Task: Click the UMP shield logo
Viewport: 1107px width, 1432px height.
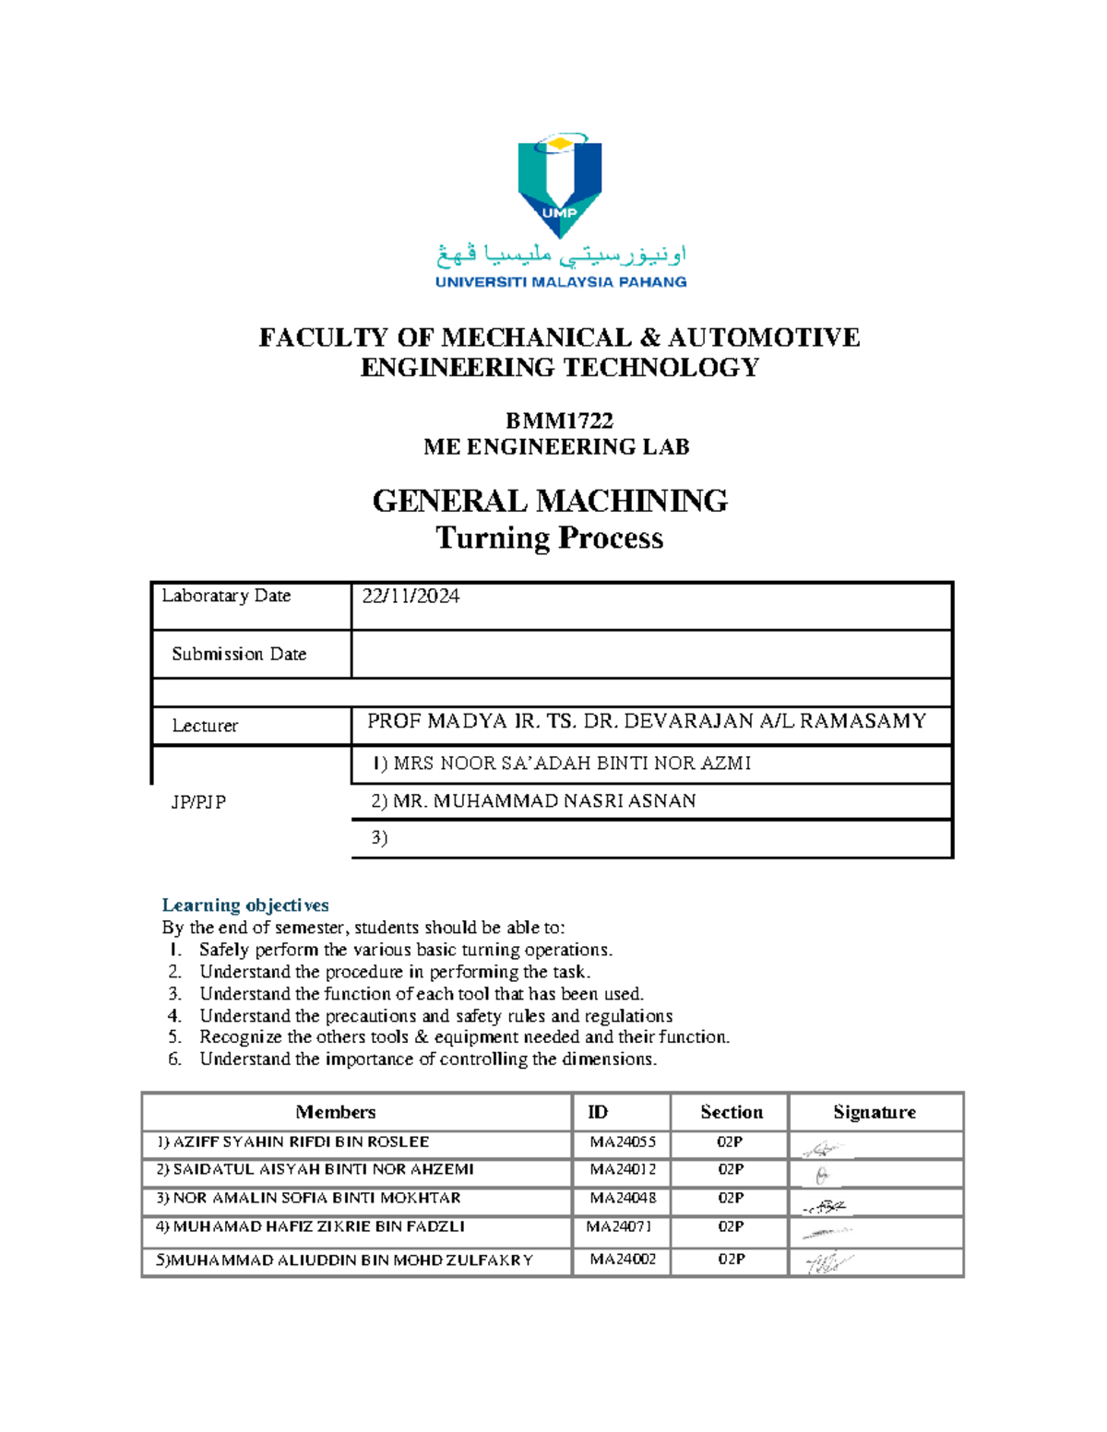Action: (x=559, y=186)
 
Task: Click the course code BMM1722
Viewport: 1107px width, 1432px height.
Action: (x=559, y=420)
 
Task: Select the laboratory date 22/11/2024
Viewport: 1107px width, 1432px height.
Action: (x=411, y=597)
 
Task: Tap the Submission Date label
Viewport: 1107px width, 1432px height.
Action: (x=239, y=654)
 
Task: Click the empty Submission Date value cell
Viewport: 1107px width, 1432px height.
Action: (x=650, y=655)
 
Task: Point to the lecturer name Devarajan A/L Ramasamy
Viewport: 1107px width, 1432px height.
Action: (x=646, y=721)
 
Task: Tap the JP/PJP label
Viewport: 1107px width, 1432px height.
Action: (x=198, y=802)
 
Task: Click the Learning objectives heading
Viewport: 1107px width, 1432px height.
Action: (x=245, y=905)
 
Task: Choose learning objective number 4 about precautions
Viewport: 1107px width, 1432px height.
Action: (x=435, y=1015)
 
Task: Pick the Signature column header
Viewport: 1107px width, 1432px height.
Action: (x=874, y=1112)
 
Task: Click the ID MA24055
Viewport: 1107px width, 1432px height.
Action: (x=623, y=1142)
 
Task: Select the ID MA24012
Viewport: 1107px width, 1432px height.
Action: (x=623, y=1169)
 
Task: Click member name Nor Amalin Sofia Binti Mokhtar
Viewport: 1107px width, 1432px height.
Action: (x=309, y=1198)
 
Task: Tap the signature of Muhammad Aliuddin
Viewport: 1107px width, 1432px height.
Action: (x=827, y=1262)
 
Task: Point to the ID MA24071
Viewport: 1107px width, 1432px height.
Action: (x=619, y=1226)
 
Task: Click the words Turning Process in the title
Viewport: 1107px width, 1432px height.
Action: (x=549, y=538)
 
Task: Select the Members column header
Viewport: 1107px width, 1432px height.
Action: (x=335, y=1112)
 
